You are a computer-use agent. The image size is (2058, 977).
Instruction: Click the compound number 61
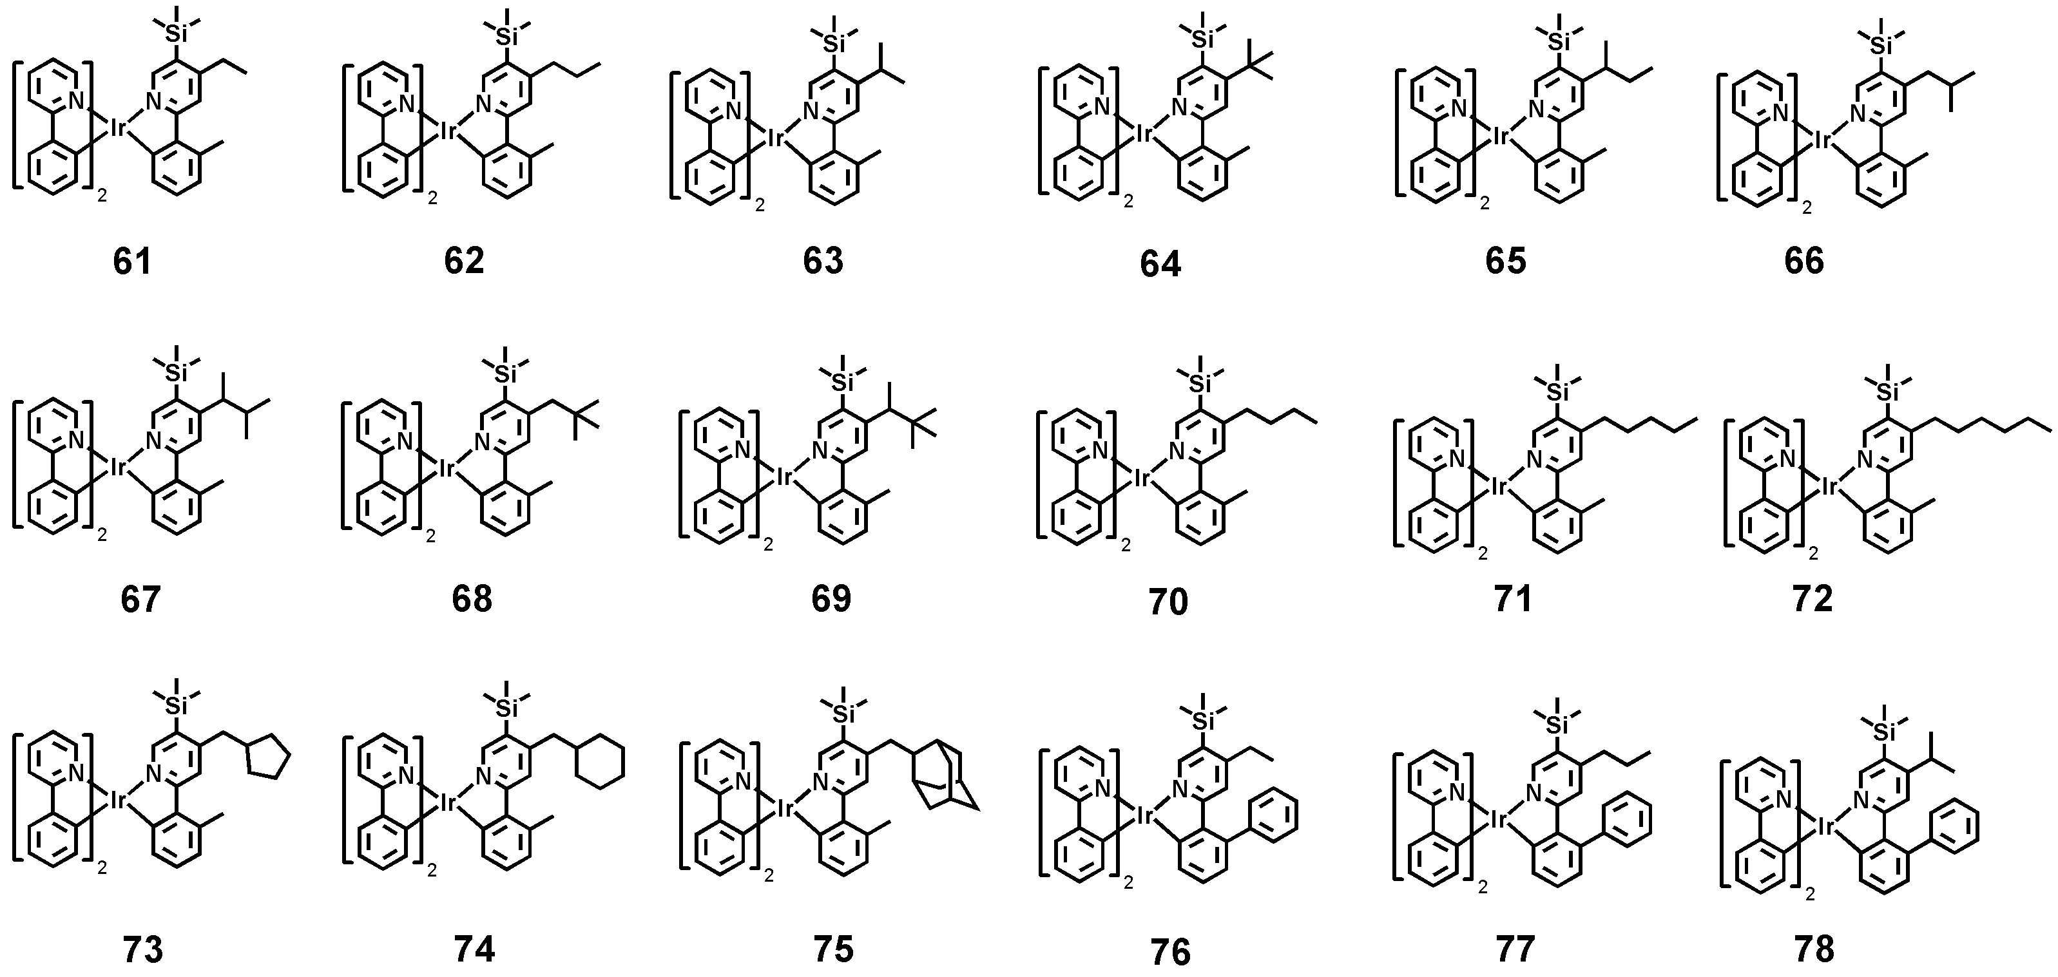pyautogui.click(x=133, y=261)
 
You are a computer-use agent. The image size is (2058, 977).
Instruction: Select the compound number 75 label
pyautogui.click(x=832, y=949)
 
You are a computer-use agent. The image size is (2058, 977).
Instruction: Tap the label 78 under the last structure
pyautogui.click(x=1814, y=950)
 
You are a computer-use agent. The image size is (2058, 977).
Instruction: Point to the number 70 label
pyautogui.click(x=1168, y=602)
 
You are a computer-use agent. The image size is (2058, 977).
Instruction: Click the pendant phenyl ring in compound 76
pyautogui.click(x=1272, y=814)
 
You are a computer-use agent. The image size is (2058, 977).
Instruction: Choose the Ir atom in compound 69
pyautogui.click(x=785, y=478)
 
